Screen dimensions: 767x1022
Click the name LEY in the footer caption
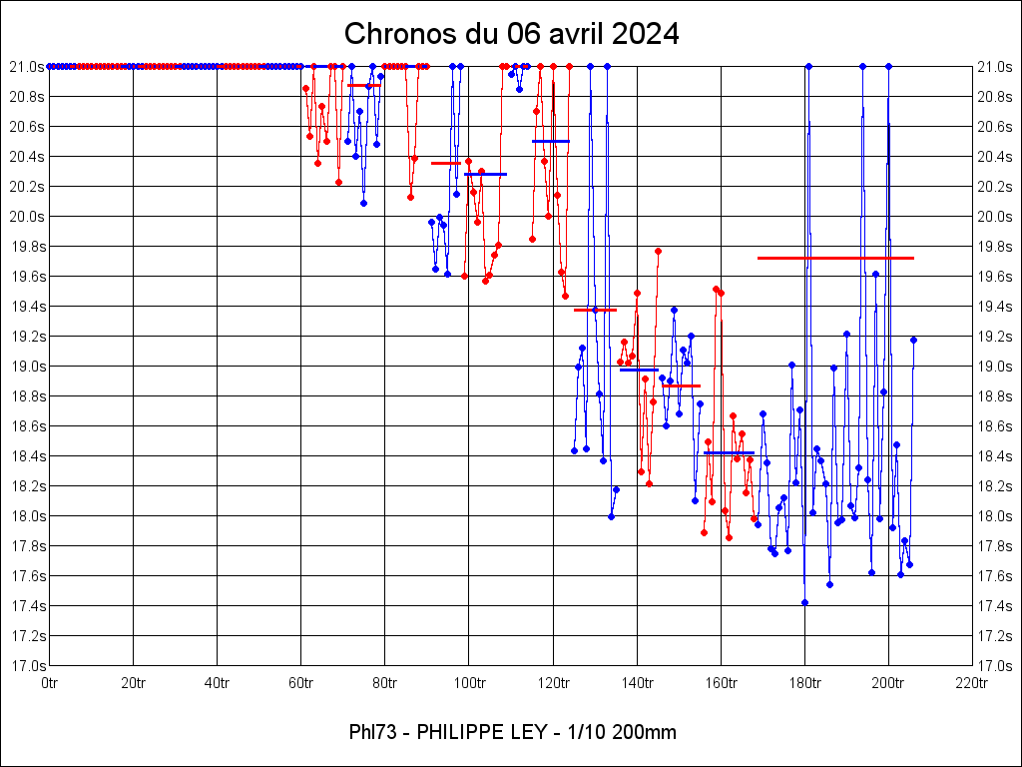[526, 732]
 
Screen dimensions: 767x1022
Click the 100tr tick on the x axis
[469, 683]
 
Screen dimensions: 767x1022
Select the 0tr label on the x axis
[50, 683]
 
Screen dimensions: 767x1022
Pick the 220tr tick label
[971, 683]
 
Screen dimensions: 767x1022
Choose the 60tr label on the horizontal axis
[301, 683]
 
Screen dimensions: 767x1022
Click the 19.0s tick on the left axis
[27, 367]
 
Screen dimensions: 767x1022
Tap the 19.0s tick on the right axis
[995, 367]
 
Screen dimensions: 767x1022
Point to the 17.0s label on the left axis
[27, 666]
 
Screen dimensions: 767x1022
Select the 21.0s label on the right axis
[995, 67]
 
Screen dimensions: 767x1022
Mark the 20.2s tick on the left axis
[27, 187]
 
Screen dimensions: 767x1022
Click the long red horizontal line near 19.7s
[835, 258]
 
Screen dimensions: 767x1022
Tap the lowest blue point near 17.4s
[804, 602]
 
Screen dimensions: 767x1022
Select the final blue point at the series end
[913, 340]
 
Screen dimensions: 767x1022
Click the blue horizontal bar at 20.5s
[550, 141]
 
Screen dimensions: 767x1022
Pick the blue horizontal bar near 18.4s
[729, 453]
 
